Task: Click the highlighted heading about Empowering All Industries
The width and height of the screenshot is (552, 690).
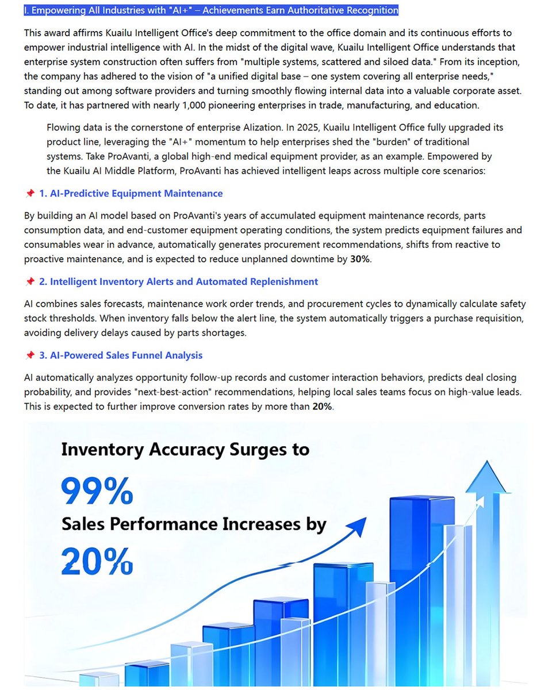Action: coord(211,10)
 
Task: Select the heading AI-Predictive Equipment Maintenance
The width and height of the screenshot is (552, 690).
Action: coord(131,194)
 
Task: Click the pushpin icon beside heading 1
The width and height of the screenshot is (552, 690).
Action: coord(30,194)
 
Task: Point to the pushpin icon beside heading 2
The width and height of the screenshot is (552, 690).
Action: coord(30,282)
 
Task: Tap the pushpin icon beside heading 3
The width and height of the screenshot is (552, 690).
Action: coord(30,355)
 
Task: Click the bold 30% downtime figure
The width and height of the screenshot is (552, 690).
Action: coord(361,259)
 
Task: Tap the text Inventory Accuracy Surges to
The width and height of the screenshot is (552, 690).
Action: coord(185,449)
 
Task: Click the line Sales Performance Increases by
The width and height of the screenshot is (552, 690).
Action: coord(194,524)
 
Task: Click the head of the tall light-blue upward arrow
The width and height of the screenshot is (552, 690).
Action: coord(488,477)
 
